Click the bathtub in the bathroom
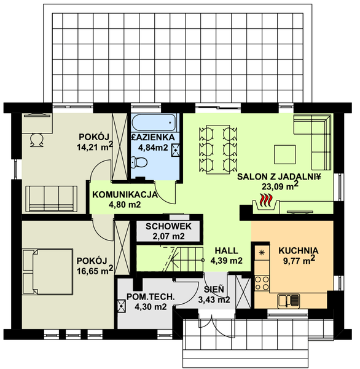pyautogui.click(x=154, y=122)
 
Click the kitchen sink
pyautogui.click(x=289, y=301)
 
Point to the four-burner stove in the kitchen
pyautogui.click(x=262, y=283)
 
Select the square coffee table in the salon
pyautogui.click(x=285, y=154)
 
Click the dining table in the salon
pyautogui.click(x=218, y=149)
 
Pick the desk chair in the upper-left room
pyautogui.click(x=37, y=140)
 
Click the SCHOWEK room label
pyautogui.click(x=168, y=226)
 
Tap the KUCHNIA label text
pyautogui.click(x=299, y=251)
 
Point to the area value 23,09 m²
pyautogui.click(x=280, y=186)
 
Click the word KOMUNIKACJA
pyautogui.click(x=125, y=194)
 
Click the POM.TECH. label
pyautogui.click(x=151, y=297)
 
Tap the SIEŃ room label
pyautogui.click(x=214, y=289)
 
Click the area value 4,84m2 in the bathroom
pyautogui.click(x=153, y=148)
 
